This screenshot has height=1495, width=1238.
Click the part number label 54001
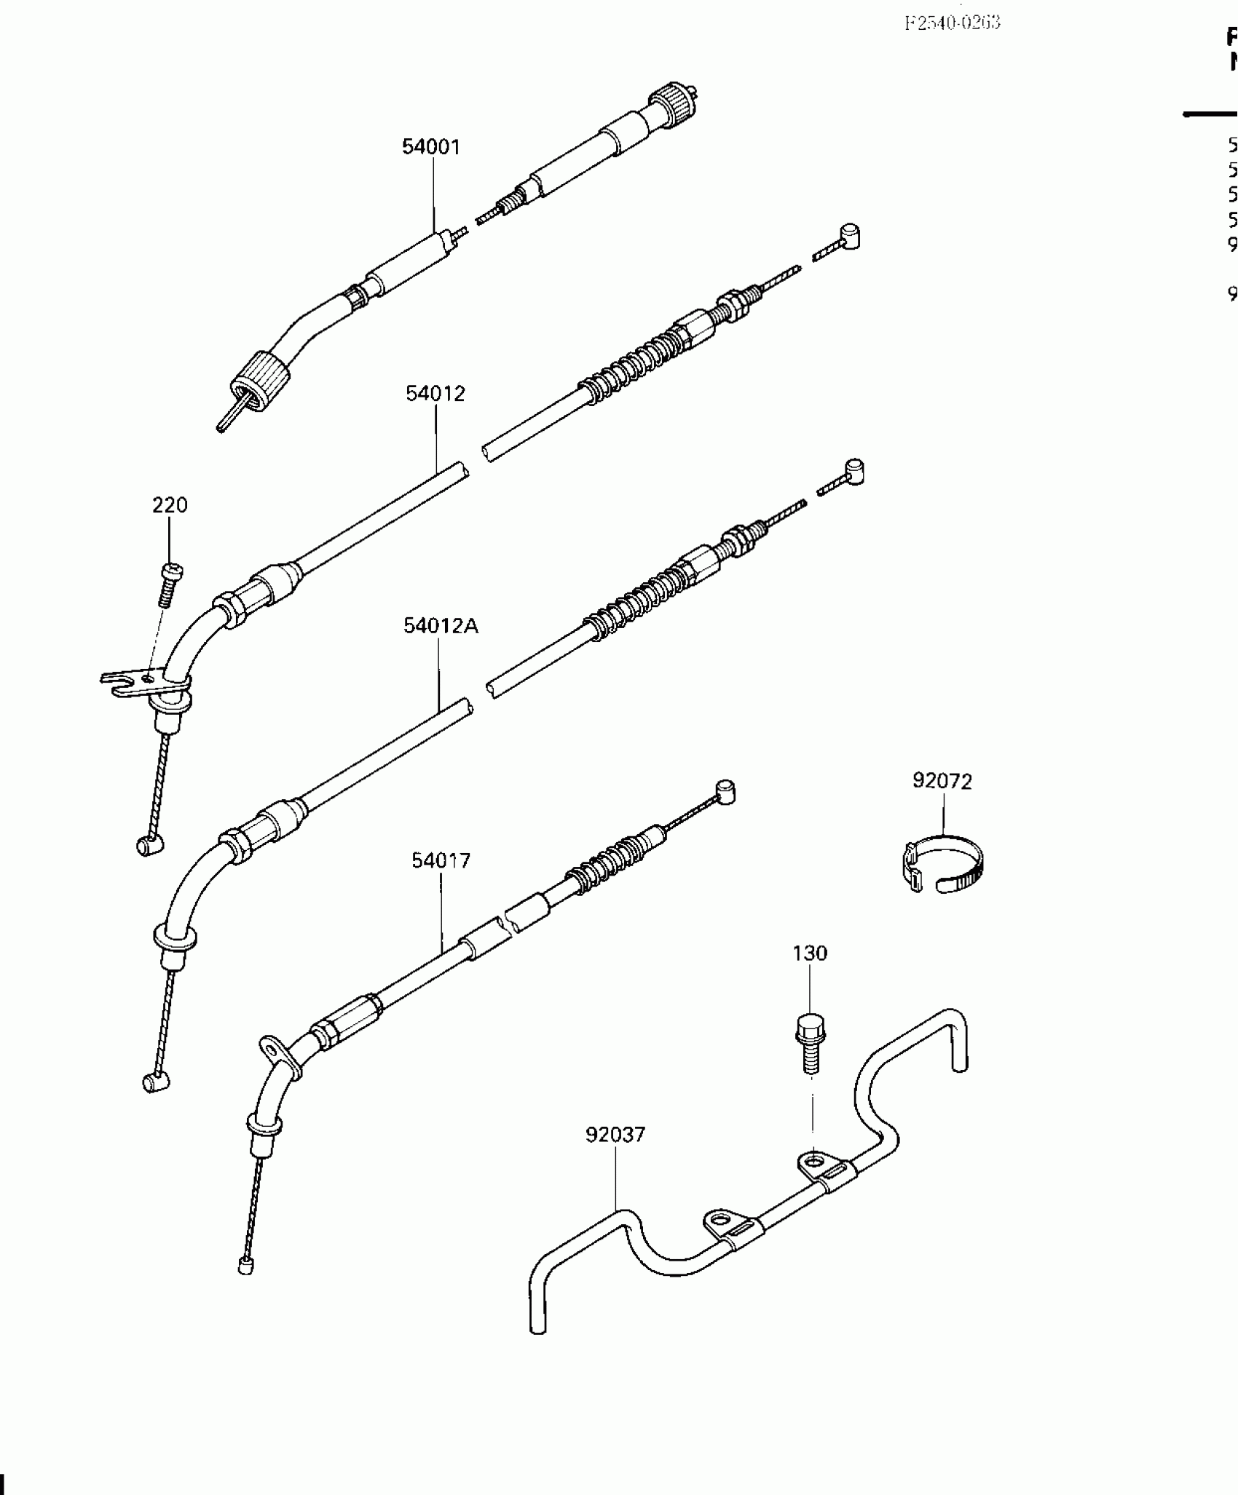[x=431, y=147]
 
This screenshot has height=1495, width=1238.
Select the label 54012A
[x=441, y=626]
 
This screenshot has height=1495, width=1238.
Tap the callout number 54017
[x=441, y=860]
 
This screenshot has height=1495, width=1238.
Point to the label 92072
[x=942, y=781]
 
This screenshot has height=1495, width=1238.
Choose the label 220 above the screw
[x=170, y=504]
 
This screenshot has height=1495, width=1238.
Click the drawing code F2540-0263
[x=953, y=23]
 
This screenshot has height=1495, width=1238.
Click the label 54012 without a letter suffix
[x=435, y=394]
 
